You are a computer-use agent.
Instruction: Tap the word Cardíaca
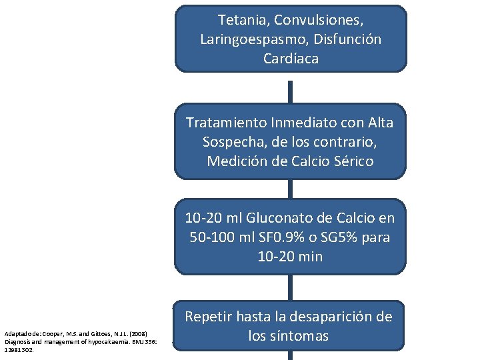[x=291, y=59]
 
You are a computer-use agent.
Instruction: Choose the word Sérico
[x=351, y=161]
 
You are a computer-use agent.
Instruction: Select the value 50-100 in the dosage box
[x=210, y=237]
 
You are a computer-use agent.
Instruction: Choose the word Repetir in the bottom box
[x=211, y=317]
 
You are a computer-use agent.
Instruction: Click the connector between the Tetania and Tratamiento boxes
[x=290, y=87]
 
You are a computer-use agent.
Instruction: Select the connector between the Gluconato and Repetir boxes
[x=290, y=288]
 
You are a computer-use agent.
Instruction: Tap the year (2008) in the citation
[x=142, y=333]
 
